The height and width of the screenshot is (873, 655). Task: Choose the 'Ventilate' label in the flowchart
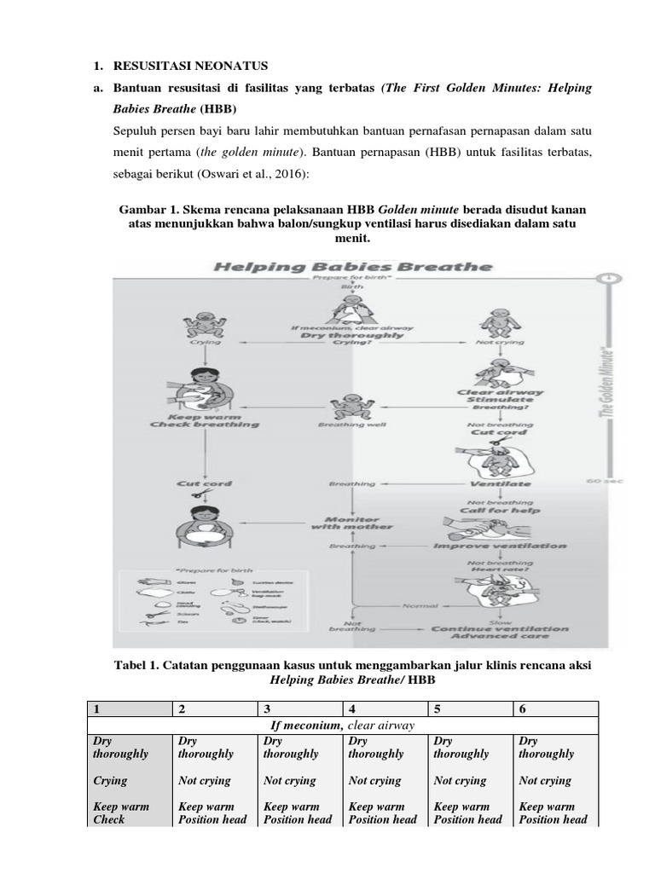click(500, 483)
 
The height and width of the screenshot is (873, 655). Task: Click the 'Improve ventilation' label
click(499, 546)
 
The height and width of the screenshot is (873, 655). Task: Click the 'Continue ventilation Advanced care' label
click(499, 633)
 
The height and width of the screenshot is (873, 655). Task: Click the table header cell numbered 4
click(385, 709)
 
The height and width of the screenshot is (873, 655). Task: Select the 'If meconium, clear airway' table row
click(342, 726)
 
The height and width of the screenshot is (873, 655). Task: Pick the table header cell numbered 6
click(555, 709)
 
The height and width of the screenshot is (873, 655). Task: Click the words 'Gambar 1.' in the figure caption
click(142, 209)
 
